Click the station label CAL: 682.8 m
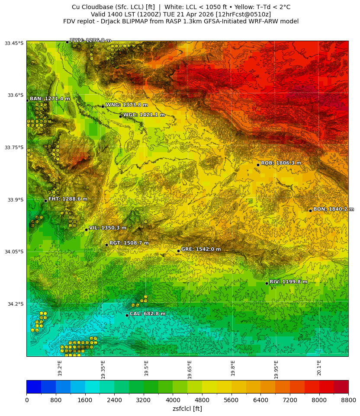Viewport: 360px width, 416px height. point(148,314)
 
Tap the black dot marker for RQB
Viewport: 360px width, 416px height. point(258,165)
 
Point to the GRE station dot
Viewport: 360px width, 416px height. point(178,251)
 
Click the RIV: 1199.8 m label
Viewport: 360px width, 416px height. point(288,282)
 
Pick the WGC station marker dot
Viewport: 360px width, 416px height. point(120,116)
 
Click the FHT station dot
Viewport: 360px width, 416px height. point(45,201)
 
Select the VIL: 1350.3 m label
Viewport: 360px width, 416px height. point(108,228)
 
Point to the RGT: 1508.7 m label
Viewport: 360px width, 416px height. point(129,243)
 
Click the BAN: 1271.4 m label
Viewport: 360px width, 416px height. point(50,99)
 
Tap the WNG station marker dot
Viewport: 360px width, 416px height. point(103,106)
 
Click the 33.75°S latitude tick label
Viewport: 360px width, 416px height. point(14,147)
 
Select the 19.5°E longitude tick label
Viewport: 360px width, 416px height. point(146,368)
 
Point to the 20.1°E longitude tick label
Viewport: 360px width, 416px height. point(319,368)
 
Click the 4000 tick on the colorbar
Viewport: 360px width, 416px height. point(173,400)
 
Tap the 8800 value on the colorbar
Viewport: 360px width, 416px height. point(348,400)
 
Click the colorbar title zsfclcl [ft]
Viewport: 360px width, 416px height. point(187,409)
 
